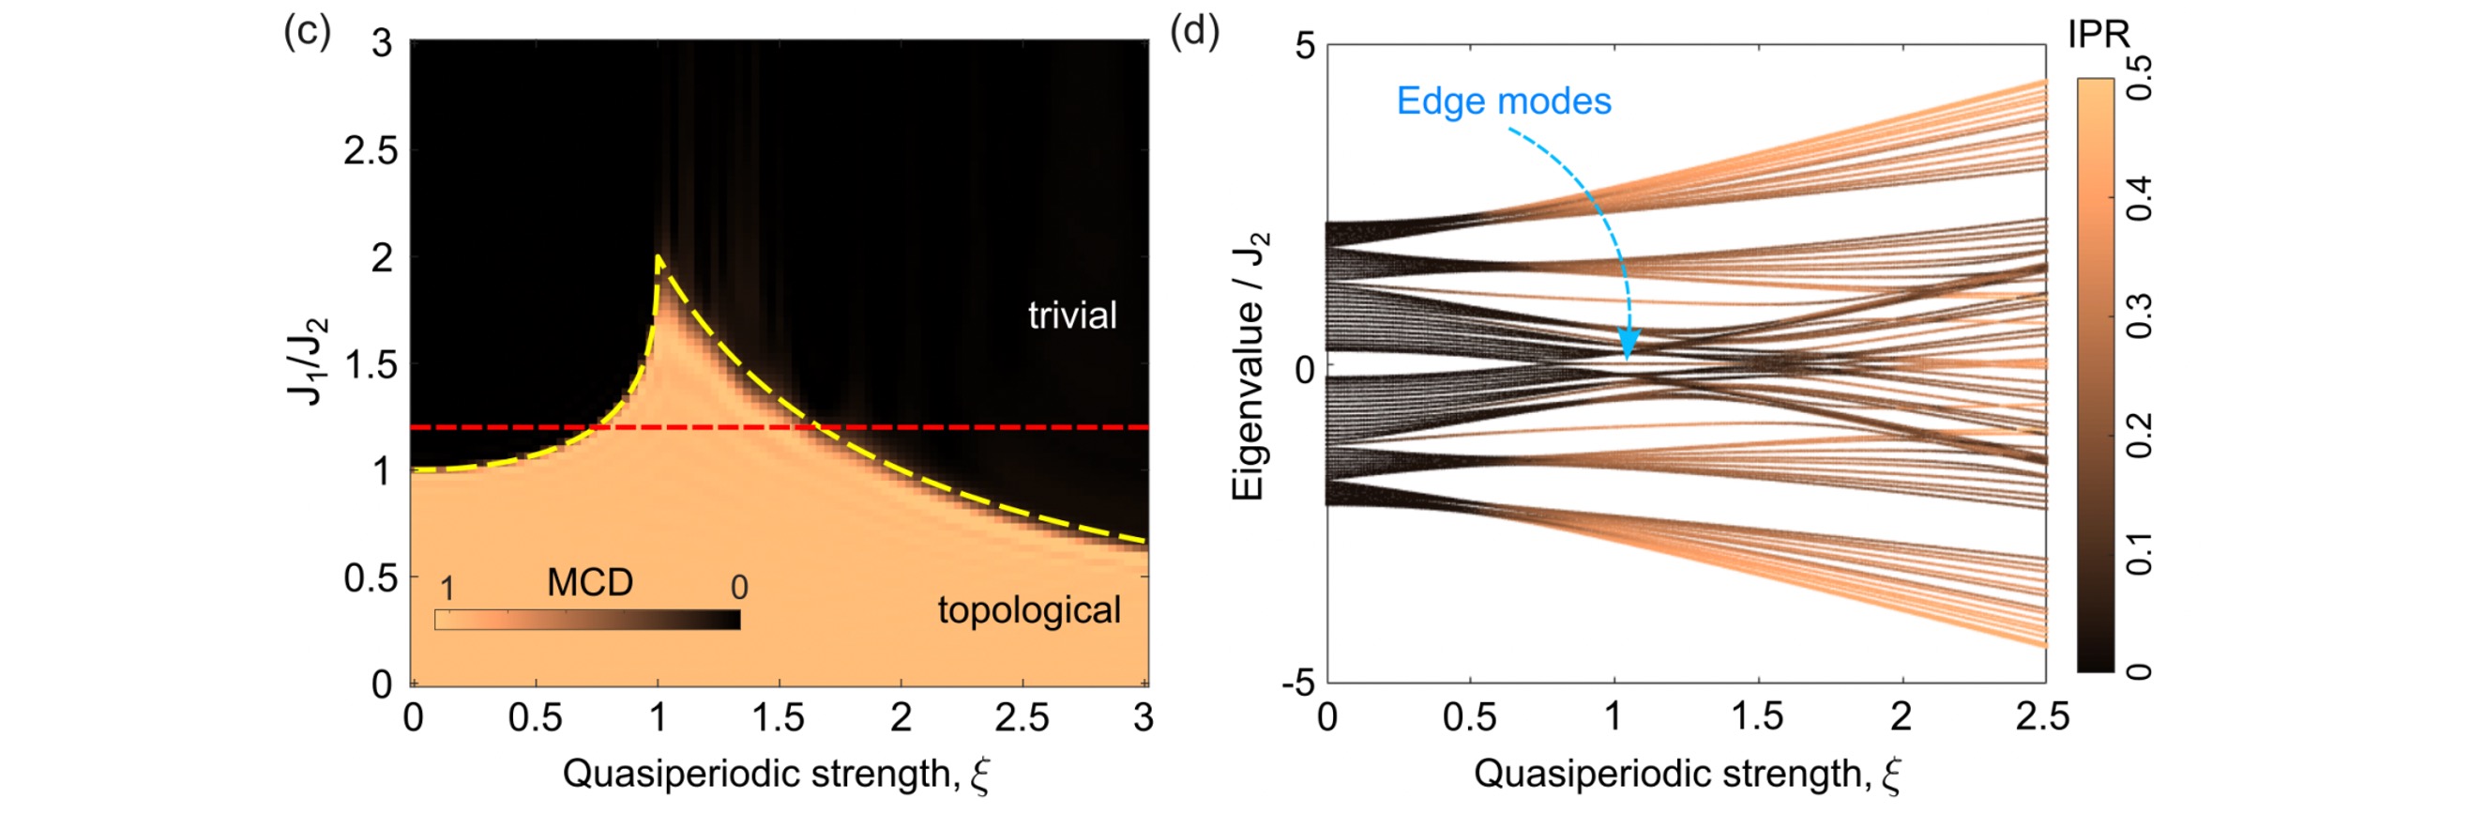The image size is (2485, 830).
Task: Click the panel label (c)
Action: (x=307, y=32)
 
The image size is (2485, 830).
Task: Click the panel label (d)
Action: (x=1194, y=32)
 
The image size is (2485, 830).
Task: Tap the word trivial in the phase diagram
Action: (x=1071, y=315)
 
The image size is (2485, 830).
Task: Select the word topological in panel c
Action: (x=1029, y=610)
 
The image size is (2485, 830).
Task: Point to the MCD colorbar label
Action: (x=589, y=582)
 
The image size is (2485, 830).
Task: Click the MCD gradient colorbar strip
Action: (x=587, y=620)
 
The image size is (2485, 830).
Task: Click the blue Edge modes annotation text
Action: (x=1503, y=101)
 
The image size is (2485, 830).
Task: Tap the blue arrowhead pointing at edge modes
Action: (x=1629, y=345)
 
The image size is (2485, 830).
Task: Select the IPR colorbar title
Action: (x=2099, y=35)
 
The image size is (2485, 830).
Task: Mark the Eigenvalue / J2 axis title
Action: (x=1250, y=366)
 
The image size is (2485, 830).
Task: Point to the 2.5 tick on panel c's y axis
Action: (x=371, y=151)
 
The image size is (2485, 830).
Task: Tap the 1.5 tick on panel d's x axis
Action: (x=1757, y=717)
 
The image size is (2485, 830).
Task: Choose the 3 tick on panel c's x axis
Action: (x=1144, y=717)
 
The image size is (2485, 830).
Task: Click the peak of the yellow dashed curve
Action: (x=658, y=257)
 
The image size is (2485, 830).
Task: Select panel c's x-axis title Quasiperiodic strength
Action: (x=777, y=774)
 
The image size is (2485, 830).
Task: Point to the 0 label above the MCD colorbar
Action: (x=739, y=587)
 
